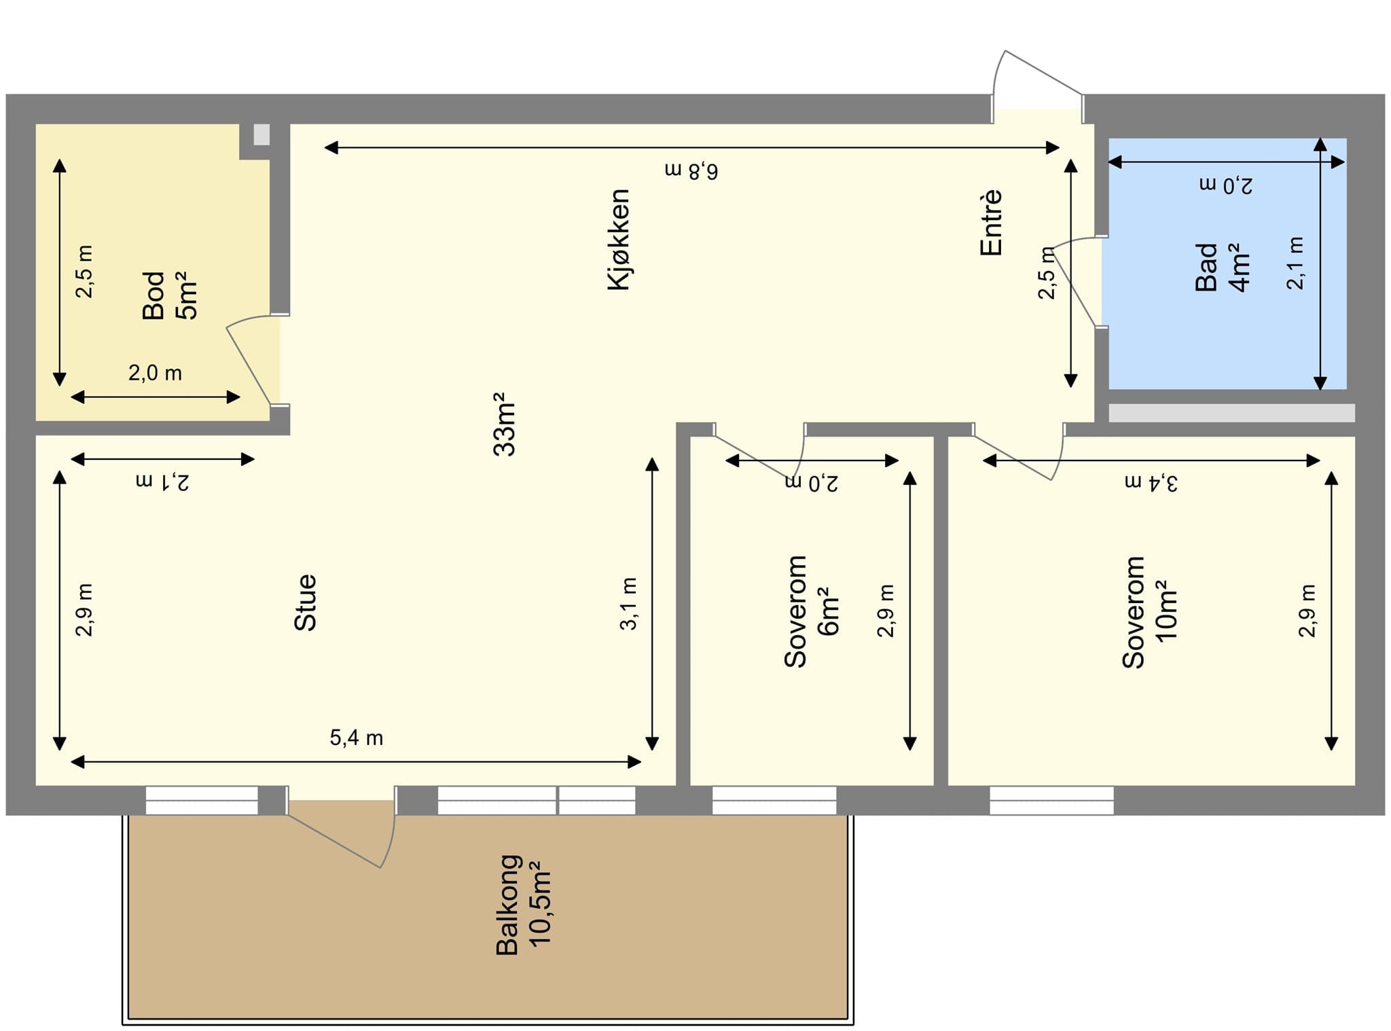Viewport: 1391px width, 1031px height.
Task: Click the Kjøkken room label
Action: (619, 240)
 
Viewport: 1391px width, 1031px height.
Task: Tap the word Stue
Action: (306, 602)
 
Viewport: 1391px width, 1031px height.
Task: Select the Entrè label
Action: (992, 222)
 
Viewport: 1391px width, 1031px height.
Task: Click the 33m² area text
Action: (505, 424)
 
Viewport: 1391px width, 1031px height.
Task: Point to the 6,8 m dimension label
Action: (691, 170)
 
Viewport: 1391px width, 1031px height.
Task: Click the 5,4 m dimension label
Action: (357, 738)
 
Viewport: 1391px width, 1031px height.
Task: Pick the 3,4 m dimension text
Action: (1151, 482)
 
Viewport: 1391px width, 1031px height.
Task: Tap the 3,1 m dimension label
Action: (629, 604)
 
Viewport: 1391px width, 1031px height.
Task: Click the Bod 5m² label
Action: (169, 295)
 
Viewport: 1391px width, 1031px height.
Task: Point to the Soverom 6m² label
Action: (811, 611)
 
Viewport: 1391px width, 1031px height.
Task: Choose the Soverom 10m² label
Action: (1149, 611)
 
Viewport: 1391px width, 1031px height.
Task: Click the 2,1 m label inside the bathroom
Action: (1295, 264)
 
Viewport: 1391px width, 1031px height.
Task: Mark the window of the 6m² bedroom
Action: (774, 800)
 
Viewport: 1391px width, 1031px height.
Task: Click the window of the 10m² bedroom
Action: (1051, 800)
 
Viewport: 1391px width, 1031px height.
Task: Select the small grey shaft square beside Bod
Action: (261, 134)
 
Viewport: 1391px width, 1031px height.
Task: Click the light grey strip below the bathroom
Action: (1231, 413)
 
